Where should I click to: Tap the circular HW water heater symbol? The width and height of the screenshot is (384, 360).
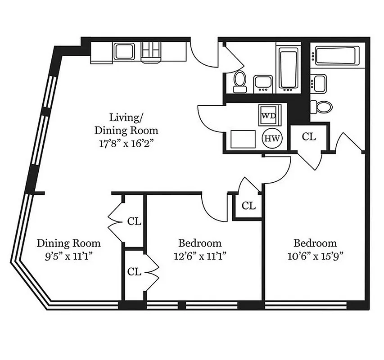coord(271,139)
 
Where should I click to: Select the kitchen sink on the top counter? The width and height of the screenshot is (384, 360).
coord(122,52)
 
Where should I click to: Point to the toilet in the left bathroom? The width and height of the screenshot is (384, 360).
coord(239,80)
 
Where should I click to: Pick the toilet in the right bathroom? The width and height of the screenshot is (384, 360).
coord(323,106)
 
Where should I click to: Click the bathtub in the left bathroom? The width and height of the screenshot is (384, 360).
coord(288,68)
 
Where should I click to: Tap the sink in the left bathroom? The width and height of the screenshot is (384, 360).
coord(263,83)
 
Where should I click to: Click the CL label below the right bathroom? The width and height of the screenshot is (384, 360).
coord(309,137)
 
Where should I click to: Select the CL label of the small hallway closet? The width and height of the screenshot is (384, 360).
coord(248,206)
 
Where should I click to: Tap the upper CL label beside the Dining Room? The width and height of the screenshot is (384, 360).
coord(134,221)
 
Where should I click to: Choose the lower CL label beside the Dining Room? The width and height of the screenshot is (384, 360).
coord(134,272)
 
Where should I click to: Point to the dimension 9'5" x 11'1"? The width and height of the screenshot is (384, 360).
coord(68,256)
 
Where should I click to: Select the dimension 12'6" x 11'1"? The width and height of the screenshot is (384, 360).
coord(200,256)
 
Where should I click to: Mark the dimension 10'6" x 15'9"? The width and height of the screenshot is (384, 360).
coord(315,256)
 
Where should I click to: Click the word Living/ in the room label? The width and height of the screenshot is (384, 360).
coord(126,118)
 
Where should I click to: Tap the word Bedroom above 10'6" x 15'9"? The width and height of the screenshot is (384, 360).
coord(315,243)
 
